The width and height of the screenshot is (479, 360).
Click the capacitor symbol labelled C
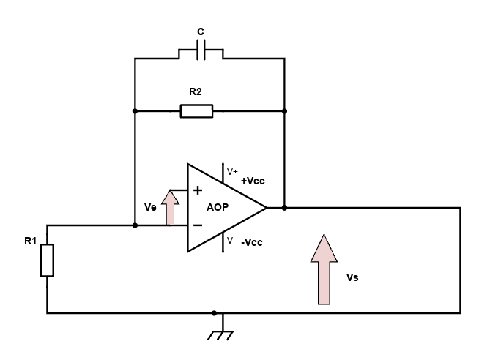[201, 50]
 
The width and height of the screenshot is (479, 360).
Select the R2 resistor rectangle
[196, 111]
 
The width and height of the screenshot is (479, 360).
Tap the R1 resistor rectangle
[47, 260]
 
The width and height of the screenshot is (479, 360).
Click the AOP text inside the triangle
[218, 207]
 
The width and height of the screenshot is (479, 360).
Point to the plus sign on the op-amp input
[198, 190]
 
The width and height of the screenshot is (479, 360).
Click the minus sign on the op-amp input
[198, 225]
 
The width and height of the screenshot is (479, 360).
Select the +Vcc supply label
[253, 181]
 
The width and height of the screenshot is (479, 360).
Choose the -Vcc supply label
[252, 242]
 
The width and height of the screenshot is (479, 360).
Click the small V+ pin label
[232, 171]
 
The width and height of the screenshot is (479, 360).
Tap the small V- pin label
[231, 241]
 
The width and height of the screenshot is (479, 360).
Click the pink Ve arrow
[170, 208]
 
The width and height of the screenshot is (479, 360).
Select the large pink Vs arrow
[324, 269]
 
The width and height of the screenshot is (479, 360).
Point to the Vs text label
[352, 277]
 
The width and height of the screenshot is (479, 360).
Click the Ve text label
[150, 208]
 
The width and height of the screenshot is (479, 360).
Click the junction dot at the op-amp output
[284, 208]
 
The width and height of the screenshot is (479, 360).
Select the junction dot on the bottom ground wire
[214, 313]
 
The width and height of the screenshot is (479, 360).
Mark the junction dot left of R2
[135, 111]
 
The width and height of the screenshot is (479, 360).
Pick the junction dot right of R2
[284, 111]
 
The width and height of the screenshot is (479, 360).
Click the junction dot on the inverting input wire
[135, 225]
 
